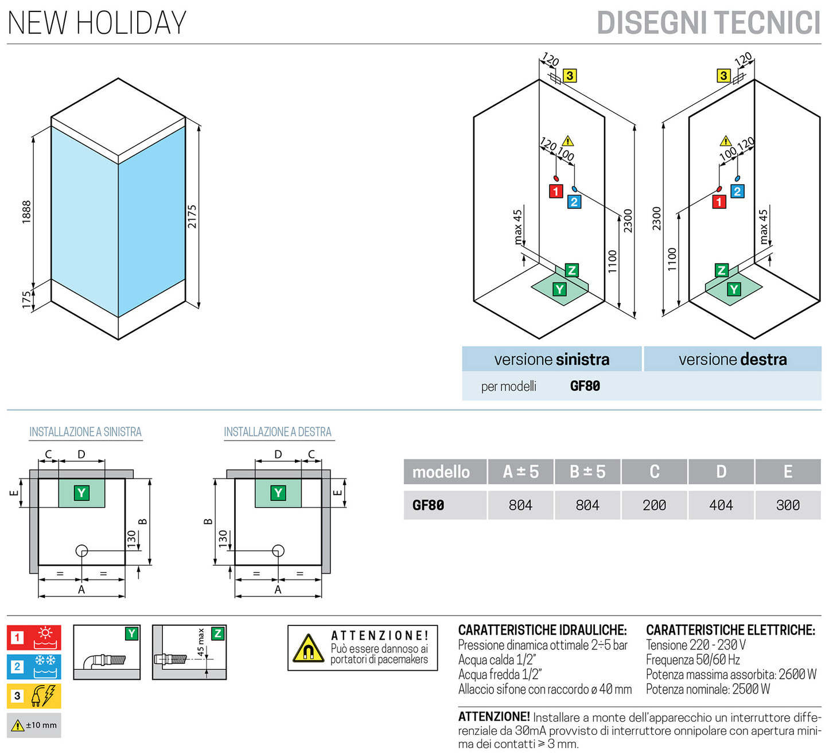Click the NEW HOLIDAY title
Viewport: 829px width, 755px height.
click(x=97, y=23)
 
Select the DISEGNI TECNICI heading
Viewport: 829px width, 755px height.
click(x=709, y=24)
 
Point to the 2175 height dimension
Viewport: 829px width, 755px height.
click(x=192, y=216)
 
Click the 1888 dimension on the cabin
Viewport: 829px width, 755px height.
click(x=26, y=212)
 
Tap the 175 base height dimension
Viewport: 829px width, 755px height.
click(x=26, y=299)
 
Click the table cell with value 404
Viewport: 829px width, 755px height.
click(x=721, y=505)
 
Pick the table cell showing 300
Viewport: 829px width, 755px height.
click(x=788, y=505)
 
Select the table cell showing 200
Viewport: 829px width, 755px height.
click(x=654, y=505)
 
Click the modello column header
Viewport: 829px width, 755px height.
click(x=441, y=472)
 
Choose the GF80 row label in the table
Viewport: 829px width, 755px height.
click(x=429, y=505)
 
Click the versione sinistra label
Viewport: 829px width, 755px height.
click(x=551, y=360)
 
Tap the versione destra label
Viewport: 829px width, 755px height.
click(x=733, y=360)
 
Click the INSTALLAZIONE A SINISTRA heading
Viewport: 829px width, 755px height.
click(x=85, y=432)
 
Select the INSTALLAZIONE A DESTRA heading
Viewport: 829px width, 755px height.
click(x=278, y=432)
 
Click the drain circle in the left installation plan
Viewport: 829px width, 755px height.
click(x=81, y=551)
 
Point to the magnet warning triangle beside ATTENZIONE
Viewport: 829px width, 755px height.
click(x=308, y=649)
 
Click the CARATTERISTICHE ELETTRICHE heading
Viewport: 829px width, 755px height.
click(x=730, y=630)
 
